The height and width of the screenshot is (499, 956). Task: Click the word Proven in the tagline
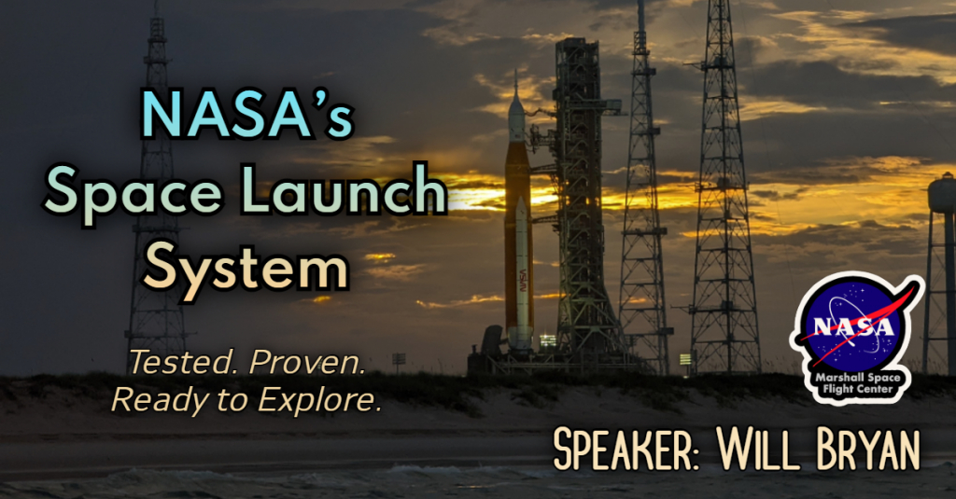(x=309, y=362)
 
